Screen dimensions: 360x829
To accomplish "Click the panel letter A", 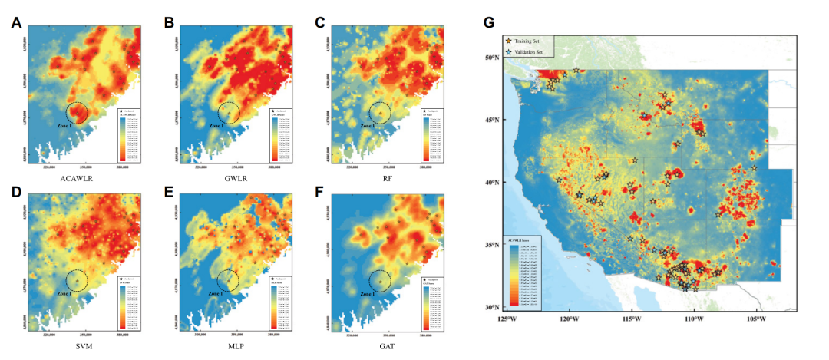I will [15, 22].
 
